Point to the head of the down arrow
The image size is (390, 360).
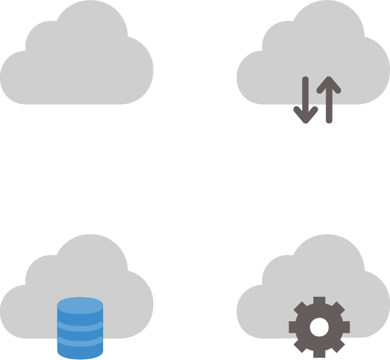click(x=305, y=116)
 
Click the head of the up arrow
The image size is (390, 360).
click(x=329, y=85)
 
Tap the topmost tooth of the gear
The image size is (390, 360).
click(x=319, y=301)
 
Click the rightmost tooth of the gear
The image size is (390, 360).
click(x=345, y=327)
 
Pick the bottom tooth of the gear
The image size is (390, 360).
click(x=319, y=353)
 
